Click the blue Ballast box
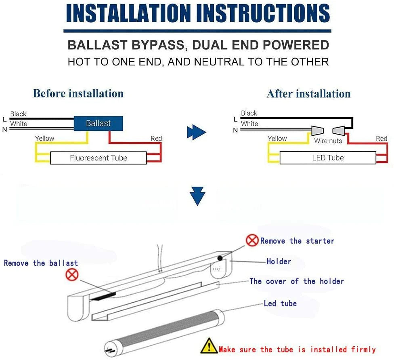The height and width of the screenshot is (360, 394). click(98, 123)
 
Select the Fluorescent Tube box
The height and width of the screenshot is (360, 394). click(98, 158)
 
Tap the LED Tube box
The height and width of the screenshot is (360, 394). click(328, 158)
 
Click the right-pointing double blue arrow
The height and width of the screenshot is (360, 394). click(197, 133)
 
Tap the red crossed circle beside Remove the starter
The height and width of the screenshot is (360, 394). click(252, 240)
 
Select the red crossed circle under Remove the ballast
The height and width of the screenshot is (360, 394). click(72, 276)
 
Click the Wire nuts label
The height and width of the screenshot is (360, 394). click(328, 141)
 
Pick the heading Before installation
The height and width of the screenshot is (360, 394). click(78, 93)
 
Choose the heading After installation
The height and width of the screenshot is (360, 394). click(308, 94)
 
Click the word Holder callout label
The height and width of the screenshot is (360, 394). click(279, 261)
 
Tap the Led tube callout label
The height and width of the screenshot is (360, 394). click(280, 303)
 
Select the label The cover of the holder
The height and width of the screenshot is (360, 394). click(296, 281)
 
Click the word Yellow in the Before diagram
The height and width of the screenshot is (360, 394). click(44, 138)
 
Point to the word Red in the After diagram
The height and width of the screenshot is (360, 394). click(381, 139)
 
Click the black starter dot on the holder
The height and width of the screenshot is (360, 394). click(220, 258)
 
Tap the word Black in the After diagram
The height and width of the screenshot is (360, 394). click(249, 113)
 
